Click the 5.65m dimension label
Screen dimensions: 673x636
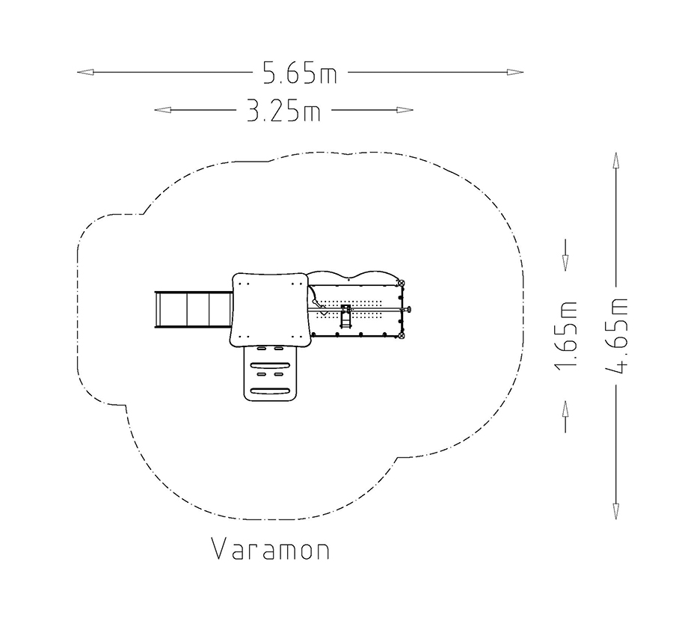pos(300,73)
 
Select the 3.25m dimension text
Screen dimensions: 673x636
pos(283,111)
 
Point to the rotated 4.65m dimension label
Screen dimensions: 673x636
pos(616,335)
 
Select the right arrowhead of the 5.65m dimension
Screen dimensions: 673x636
pos(514,72)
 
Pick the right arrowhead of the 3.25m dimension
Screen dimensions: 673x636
pos(405,110)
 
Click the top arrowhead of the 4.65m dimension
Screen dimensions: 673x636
pos(616,161)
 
